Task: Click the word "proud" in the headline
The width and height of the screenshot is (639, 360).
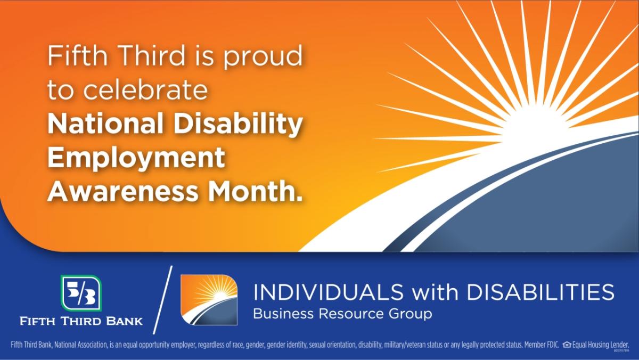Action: click(263, 57)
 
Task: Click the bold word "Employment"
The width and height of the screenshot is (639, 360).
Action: click(136, 159)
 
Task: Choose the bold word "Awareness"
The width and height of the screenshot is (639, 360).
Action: click(122, 191)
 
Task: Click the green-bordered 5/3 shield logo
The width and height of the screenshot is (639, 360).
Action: click(81, 293)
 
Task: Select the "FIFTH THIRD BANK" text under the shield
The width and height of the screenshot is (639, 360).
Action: click(81, 321)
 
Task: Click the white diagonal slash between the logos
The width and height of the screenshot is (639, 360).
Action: click(163, 300)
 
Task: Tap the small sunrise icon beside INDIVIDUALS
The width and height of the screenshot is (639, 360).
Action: click(209, 300)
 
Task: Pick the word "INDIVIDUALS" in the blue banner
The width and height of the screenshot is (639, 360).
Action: click(329, 292)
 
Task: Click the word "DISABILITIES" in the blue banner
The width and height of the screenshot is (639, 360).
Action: click(540, 292)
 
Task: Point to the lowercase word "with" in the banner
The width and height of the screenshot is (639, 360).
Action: click(435, 292)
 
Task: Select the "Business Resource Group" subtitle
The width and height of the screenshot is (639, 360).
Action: click(342, 314)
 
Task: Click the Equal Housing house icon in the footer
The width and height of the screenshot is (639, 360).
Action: click(567, 345)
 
